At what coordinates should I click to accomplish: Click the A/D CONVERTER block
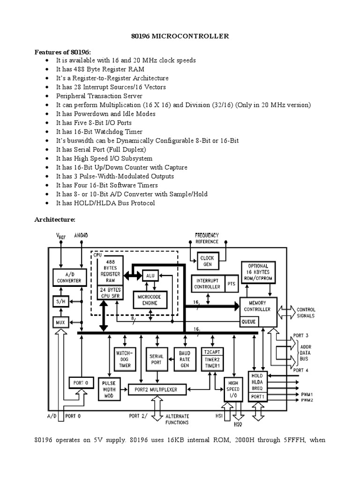tap(67, 277)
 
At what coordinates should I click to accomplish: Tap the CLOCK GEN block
tap(207, 261)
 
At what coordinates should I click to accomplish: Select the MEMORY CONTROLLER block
tap(257, 306)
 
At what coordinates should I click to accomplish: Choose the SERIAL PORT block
tap(157, 359)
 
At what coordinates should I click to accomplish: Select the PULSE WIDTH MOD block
tap(109, 389)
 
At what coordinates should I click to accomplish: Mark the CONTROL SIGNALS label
tap(305, 313)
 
